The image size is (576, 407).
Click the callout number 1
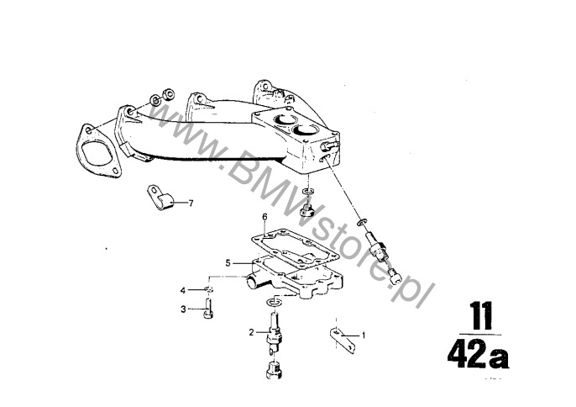click(x=364, y=336)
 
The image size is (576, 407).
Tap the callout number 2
click(x=251, y=333)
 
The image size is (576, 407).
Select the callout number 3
click(x=183, y=309)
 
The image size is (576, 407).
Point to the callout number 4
click(x=183, y=291)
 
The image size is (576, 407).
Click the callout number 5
click(x=228, y=263)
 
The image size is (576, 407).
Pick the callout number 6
click(x=264, y=217)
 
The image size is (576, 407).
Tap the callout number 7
click(x=191, y=203)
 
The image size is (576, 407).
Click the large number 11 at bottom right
click(x=482, y=316)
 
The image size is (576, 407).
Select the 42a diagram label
click(x=478, y=354)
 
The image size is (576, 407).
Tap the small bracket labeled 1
click(x=343, y=341)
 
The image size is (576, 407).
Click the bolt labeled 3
click(x=208, y=309)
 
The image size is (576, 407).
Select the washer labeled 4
click(x=208, y=289)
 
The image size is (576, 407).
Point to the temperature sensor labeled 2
click(x=275, y=330)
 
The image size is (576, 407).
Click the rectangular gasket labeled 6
click(x=295, y=247)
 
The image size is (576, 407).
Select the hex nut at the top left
click(x=168, y=93)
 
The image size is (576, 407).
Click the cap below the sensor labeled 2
click(x=274, y=370)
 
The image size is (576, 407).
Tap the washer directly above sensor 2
click(x=274, y=302)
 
